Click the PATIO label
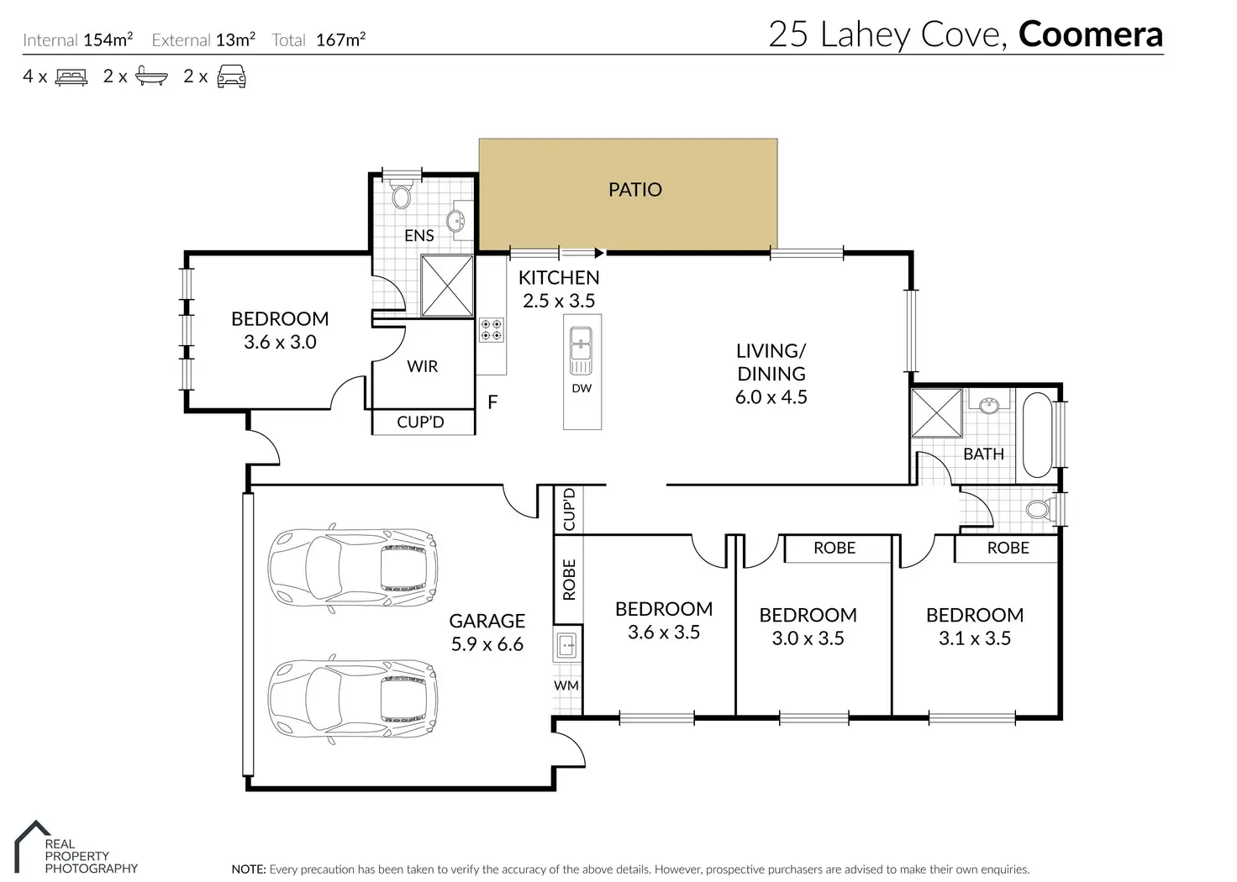pyautogui.click(x=635, y=190)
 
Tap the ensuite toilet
pyautogui.click(x=401, y=194)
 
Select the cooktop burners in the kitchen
pyautogui.click(x=491, y=329)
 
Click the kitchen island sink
pyautogui.click(x=581, y=350)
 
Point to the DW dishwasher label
pyautogui.click(x=582, y=389)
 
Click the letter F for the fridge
pyautogui.click(x=492, y=402)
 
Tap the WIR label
pyautogui.click(x=423, y=366)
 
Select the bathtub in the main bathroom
pyautogui.click(x=1037, y=435)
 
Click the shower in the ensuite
pyautogui.click(x=447, y=286)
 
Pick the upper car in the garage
pyautogui.click(x=353, y=568)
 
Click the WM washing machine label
pyautogui.click(x=566, y=685)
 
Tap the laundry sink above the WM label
pyautogui.click(x=567, y=644)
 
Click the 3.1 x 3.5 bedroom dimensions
pyautogui.click(x=975, y=638)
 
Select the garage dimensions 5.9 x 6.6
pyautogui.click(x=487, y=644)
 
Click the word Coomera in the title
pyautogui.click(x=1091, y=34)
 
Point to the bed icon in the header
pyautogui.click(x=71, y=76)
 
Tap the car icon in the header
pyautogui.click(x=231, y=76)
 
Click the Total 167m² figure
pyautogui.click(x=318, y=39)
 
